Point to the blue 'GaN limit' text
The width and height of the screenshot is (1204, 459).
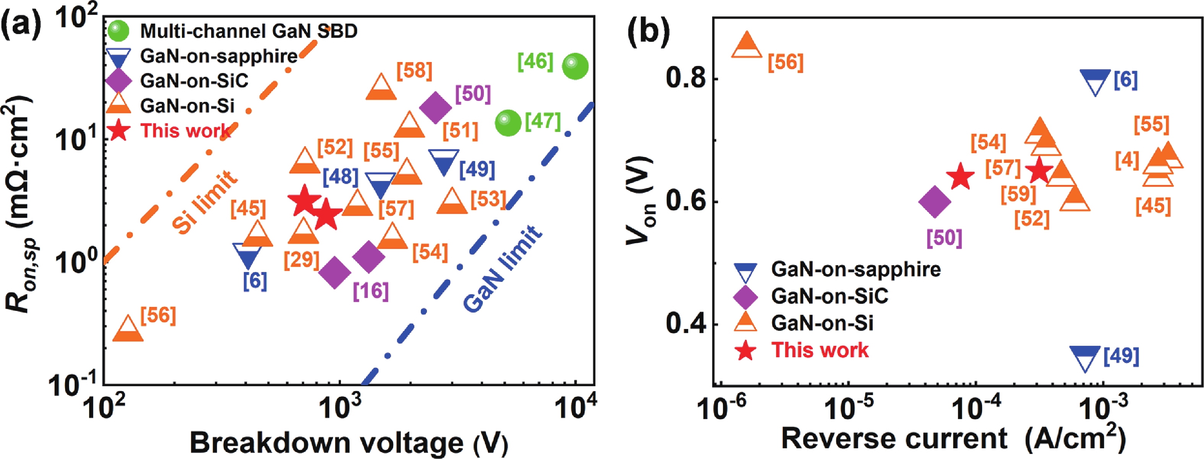click(503, 269)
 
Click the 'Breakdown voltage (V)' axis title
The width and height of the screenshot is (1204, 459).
click(348, 442)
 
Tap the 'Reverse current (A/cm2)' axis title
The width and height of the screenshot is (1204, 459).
click(954, 439)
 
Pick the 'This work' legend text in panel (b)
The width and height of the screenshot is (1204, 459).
click(820, 350)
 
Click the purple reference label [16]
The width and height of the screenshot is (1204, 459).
click(371, 291)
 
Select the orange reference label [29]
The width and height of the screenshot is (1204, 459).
click(302, 260)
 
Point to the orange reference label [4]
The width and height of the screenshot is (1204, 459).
click(1127, 161)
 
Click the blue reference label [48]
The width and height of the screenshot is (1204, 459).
click(341, 176)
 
